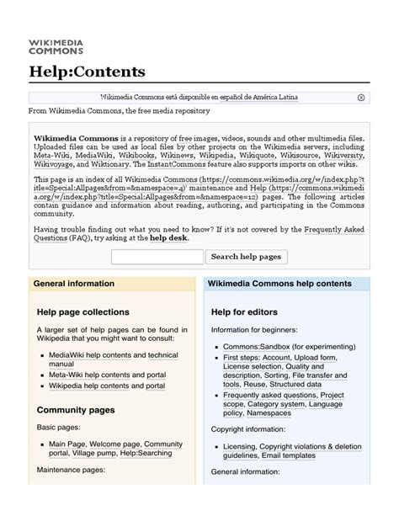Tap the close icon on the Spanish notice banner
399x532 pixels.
[361, 98]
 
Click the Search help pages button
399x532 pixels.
[247, 257]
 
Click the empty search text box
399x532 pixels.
[157, 257]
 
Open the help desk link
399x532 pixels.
[168, 238]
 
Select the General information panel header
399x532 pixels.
[73, 284]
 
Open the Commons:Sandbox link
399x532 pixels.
[255, 346]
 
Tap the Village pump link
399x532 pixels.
[96, 453]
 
